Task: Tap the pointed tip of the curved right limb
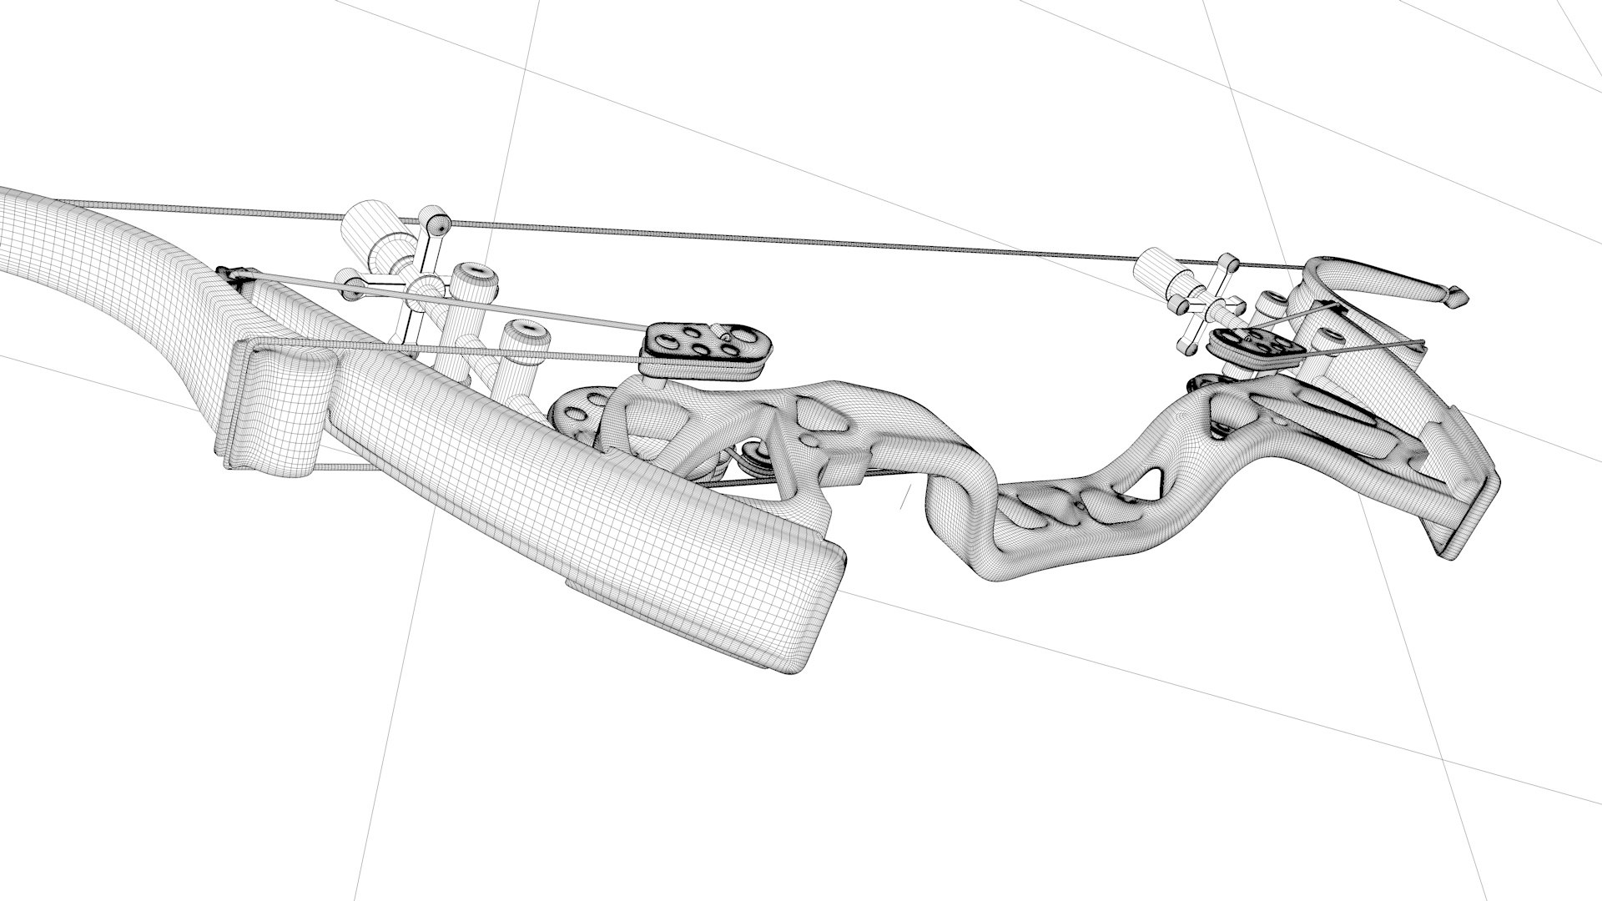click(x=1458, y=295)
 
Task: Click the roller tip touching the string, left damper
click(x=436, y=223)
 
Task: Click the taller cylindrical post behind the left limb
click(x=472, y=284)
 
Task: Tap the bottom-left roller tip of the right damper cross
click(x=1186, y=345)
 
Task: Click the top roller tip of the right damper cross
click(x=1229, y=265)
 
